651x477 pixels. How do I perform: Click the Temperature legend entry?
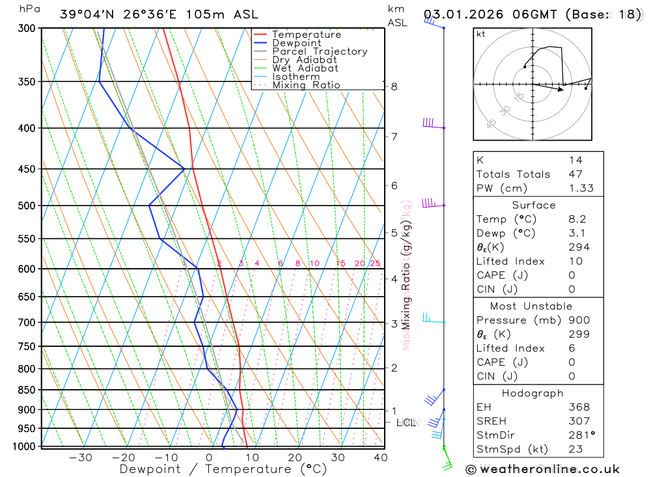click(306, 34)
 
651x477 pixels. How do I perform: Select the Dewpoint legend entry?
click(296, 43)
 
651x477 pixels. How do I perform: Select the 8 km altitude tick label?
click(394, 87)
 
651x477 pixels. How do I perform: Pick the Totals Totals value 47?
click(575, 174)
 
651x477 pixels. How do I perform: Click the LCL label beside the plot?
click(406, 423)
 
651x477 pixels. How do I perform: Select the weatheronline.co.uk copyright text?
click(543, 469)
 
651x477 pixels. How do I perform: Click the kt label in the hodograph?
click(481, 34)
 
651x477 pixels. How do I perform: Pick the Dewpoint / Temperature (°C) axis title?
click(223, 469)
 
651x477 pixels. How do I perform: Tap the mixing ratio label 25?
click(375, 264)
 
